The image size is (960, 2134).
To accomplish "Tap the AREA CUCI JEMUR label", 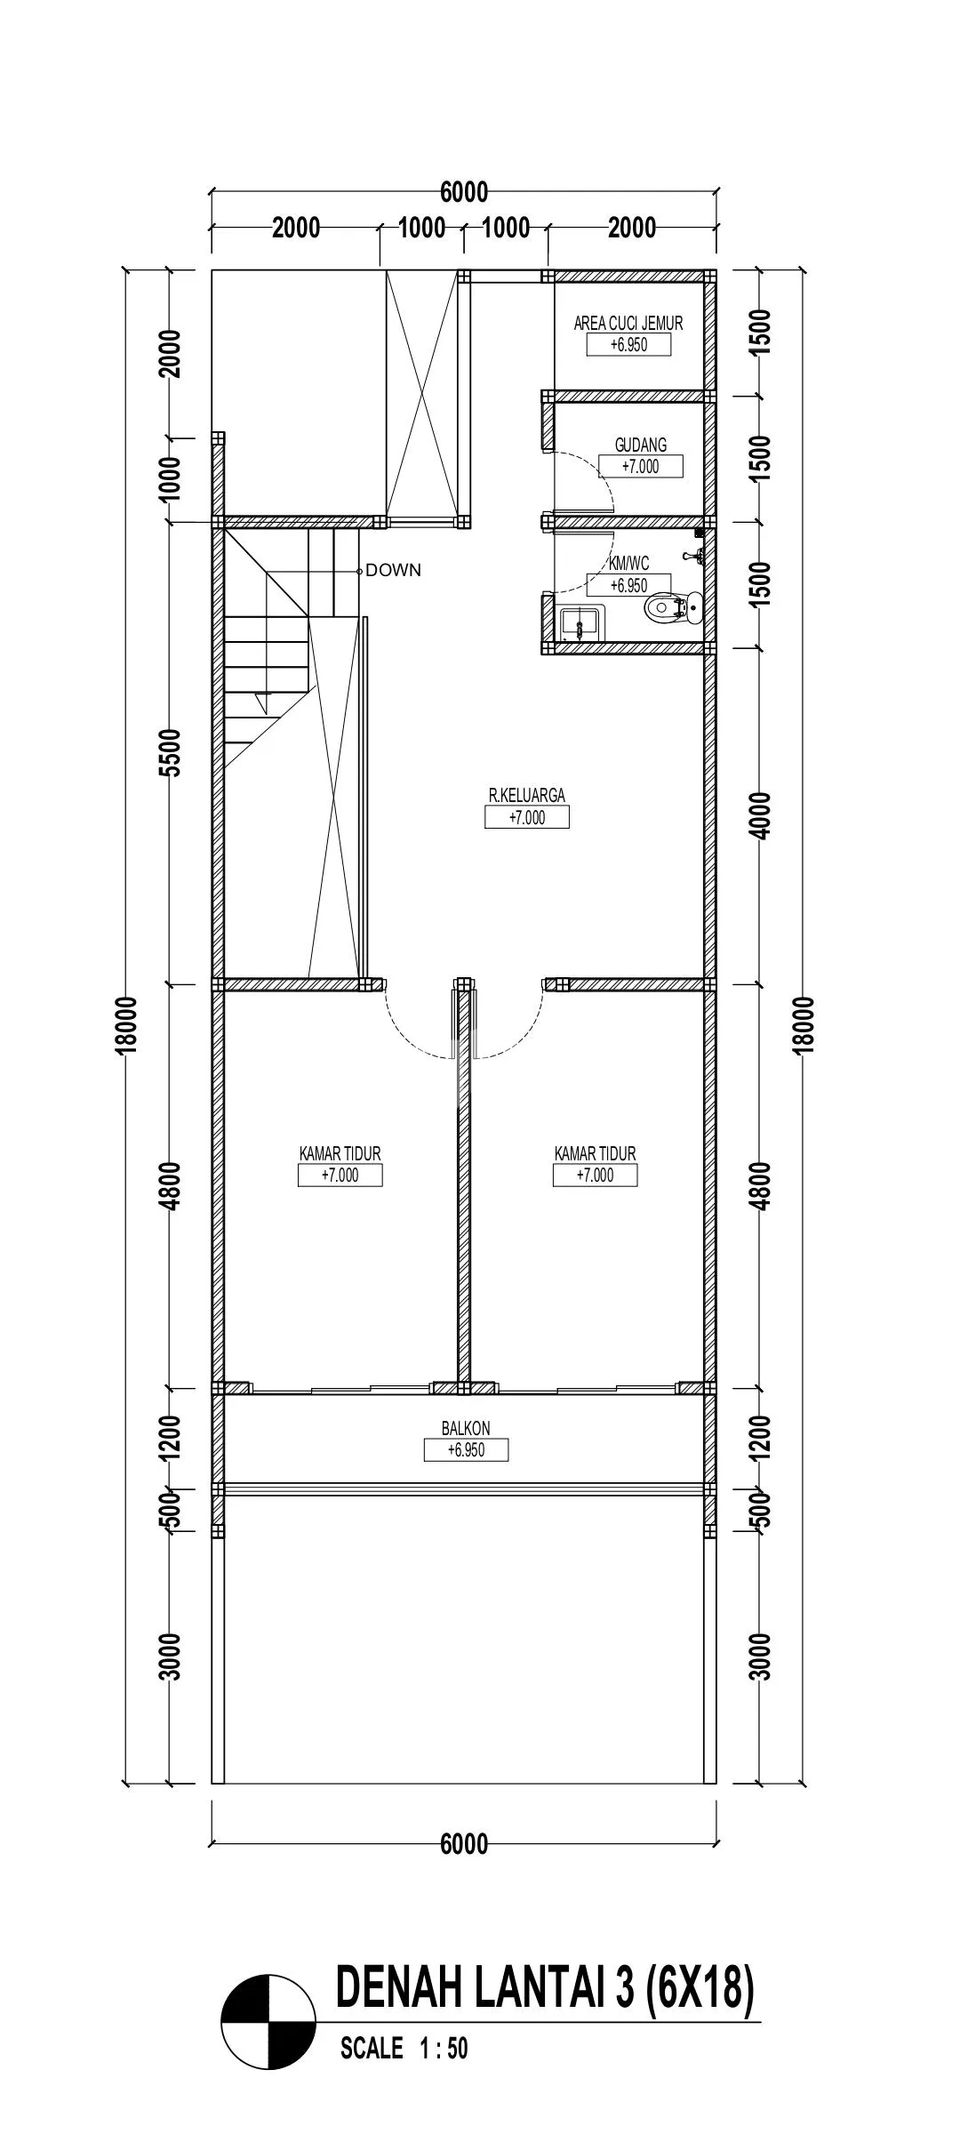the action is (628, 324).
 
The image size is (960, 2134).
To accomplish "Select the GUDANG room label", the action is (641, 445).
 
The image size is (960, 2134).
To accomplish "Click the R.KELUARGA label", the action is (527, 796).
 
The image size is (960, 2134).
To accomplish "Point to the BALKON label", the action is (466, 1428).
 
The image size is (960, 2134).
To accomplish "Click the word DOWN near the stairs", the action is (393, 571).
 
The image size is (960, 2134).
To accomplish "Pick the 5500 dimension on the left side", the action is (172, 752).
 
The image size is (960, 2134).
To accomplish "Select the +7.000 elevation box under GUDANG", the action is (641, 466).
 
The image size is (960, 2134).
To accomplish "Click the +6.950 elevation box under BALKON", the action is (467, 1449).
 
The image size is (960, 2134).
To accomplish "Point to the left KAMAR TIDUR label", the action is (340, 1153).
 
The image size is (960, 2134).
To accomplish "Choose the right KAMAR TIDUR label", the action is (596, 1153).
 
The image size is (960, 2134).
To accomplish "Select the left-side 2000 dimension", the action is (172, 354).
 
